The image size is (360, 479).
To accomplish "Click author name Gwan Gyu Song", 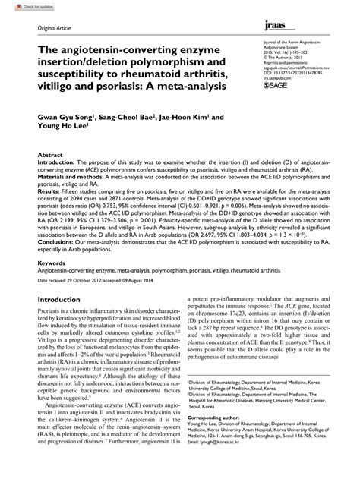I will [x=63, y=118].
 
